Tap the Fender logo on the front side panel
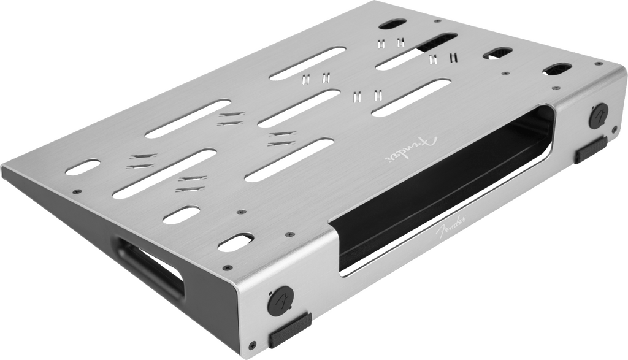click(x=451, y=227)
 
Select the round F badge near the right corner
click(x=599, y=116)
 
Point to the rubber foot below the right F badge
click(x=592, y=149)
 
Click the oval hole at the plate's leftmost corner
click(x=83, y=167)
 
